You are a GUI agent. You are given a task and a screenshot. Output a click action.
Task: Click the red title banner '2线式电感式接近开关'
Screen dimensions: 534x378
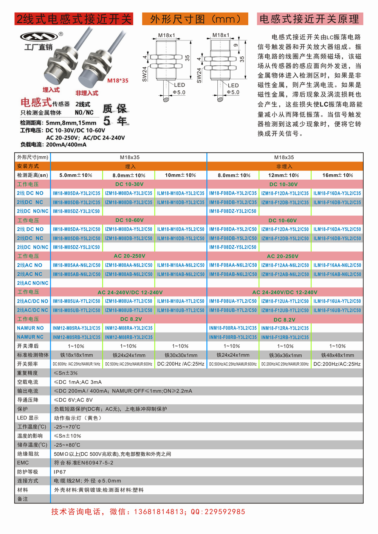pos(74,19)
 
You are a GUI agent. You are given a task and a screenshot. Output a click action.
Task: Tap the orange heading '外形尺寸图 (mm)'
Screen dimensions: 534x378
pos(195,19)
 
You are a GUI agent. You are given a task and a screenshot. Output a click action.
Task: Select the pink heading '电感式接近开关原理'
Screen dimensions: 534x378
pos(310,19)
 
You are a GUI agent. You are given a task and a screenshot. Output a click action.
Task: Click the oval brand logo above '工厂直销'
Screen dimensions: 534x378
pos(39,37)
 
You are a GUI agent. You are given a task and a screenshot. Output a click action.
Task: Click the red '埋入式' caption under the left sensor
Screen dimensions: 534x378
pos(51,90)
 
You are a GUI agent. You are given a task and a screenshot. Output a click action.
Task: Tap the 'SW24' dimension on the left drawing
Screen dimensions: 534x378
pos(144,74)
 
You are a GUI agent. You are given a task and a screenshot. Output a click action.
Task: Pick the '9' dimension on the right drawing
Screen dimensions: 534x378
pos(235,45)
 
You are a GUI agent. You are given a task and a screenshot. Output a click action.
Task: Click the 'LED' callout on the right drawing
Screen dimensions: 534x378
pos(233,85)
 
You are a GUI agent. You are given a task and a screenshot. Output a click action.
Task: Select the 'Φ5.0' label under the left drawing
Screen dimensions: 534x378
pos(179,92)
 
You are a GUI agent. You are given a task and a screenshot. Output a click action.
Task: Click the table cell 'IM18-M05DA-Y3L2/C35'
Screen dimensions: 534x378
pos(76,193)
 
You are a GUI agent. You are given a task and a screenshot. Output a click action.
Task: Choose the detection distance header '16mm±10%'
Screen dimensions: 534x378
pos(338,175)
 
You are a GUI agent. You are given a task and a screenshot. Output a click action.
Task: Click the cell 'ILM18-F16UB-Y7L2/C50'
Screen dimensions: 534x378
pos(337,310)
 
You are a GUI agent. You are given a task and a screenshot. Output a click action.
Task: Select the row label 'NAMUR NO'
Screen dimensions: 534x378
pos(30,328)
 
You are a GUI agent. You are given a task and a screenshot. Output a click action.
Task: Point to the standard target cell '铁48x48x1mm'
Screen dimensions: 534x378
pos(338,355)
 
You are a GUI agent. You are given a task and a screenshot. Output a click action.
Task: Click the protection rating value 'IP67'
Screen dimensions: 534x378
pos(60,472)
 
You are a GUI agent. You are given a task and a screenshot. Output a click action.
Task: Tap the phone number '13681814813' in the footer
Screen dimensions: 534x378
pos(159,512)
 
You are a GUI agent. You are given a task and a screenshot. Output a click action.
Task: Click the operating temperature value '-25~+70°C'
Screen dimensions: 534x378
pos(67,427)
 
